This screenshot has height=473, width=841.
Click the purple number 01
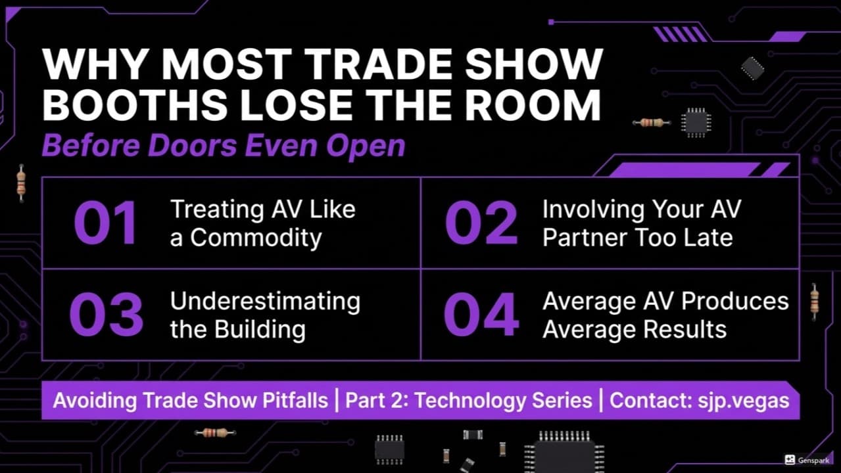[105, 223]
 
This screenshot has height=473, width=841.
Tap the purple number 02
[481, 223]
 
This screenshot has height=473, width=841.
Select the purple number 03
[107, 315]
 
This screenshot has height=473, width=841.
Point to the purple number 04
[481, 315]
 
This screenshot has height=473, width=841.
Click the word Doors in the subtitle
[187, 146]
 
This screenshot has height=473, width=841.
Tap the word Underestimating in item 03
[265, 301]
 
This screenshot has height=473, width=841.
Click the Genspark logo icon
[790, 461]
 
